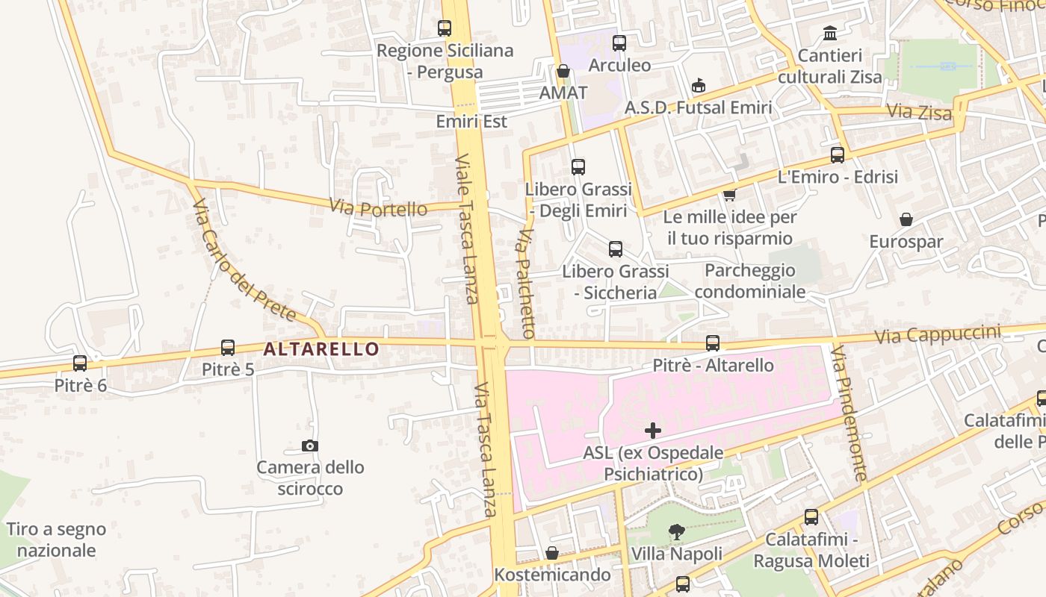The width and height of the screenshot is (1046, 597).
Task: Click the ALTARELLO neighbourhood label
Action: [321, 348]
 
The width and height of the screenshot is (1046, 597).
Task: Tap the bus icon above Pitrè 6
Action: [80, 363]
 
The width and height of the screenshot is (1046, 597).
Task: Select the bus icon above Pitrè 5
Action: [228, 348]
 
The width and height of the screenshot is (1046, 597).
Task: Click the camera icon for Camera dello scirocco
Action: [310, 446]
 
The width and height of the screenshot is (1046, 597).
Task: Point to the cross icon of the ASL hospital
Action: [653, 431]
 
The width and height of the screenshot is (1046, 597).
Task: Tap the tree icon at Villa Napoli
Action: [677, 532]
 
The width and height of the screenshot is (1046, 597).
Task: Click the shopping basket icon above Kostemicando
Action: [552, 553]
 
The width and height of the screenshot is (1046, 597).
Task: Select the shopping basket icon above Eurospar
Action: [906, 219]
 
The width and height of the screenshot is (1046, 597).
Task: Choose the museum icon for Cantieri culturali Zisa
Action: [830, 34]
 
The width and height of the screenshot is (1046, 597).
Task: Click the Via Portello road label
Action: [378, 207]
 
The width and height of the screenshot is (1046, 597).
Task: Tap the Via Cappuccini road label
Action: [938, 334]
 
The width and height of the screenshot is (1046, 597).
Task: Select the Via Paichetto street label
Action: [526, 284]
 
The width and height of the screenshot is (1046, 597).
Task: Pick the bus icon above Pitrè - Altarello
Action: [713, 343]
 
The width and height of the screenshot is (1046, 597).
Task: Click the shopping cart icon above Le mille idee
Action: [729, 195]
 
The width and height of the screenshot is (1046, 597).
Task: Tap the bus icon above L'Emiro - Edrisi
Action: [838, 155]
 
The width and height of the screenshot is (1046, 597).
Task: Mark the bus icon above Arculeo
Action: [619, 43]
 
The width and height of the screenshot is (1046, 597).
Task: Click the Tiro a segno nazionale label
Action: [57, 540]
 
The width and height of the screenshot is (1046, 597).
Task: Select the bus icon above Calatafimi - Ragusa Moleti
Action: [811, 517]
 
